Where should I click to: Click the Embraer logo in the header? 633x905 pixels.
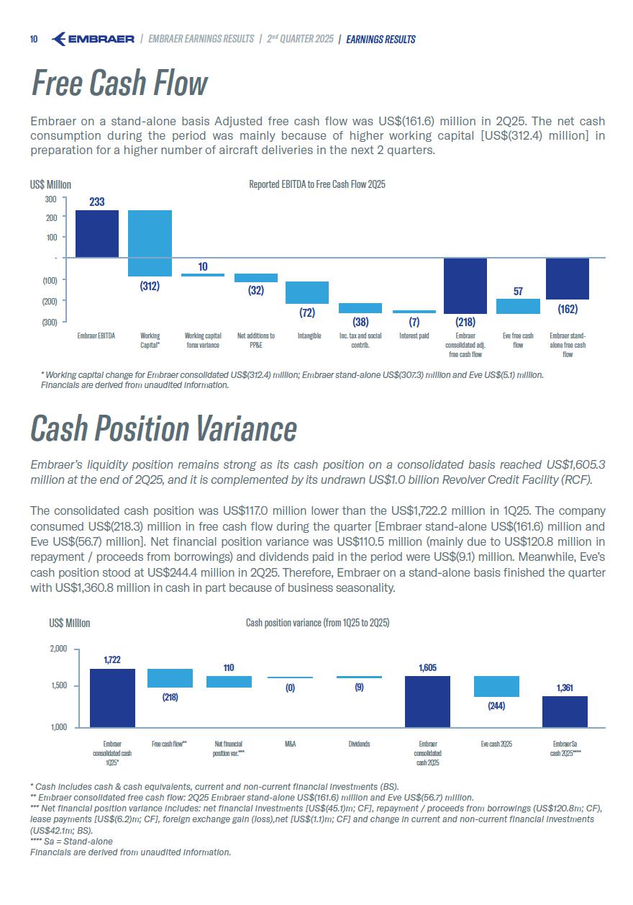click(x=94, y=39)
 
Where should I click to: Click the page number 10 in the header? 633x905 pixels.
click(x=34, y=39)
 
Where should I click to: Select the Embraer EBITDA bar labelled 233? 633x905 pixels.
click(x=97, y=233)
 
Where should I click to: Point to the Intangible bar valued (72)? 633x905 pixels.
click(x=307, y=292)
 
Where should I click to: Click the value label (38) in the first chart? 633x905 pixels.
click(x=360, y=322)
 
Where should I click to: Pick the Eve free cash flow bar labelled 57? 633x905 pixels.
click(x=518, y=306)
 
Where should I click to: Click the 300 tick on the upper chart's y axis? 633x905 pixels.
click(x=50, y=199)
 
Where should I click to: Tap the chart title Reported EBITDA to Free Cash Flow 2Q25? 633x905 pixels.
click(x=317, y=185)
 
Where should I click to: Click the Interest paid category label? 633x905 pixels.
click(x=414, y=336)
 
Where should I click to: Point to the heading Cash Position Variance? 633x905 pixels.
click(x=163, y=429)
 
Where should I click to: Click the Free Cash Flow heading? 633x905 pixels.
click(x=119, y=84)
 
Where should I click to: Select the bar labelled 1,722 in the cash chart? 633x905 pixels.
click(x=112, y=698)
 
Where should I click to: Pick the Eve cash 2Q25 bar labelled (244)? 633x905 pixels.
click(x=496, y=686)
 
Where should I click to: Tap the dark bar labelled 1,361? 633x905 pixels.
click(x=565, y=711)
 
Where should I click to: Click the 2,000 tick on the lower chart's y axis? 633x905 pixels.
click(x=58, y=649)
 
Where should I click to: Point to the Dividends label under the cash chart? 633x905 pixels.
click(x=359, y=744)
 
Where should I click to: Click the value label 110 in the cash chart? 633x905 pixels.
click(x=229, y=668)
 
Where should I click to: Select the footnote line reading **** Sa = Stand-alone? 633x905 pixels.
click(x=71, y=841)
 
